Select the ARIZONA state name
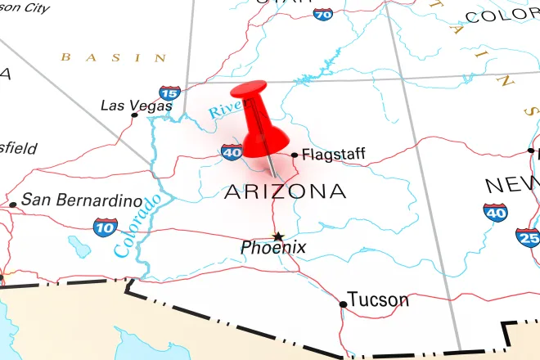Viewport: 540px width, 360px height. pyautogui.click(x=285, y=191)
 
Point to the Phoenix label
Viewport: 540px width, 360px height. pyautogui.click(x=273, y=246)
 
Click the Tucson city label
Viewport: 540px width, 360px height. pyautogui.click(x=378, y=299)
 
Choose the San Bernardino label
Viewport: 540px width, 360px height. pyautogui.click(x=79, y=199)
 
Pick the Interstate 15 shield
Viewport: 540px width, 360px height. pyautogui.click(x=169, y=93)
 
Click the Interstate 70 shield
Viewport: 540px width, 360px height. pyautogui.click(x=323, y=13)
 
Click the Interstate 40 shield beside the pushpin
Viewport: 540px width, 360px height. pyautogui.click(x=232, y=151)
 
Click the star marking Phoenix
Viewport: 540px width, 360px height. pyautogui.click(x=277, y=235)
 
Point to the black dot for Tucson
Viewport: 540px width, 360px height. pyautogui.click(x=343, y=304)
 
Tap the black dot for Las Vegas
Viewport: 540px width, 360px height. pyautogui.click(x=135, y=115)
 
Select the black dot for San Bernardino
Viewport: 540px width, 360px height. pyautogui.click(x=12, y=205)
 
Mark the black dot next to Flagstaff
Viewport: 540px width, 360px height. pyautogui.click(x=295, y=154)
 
